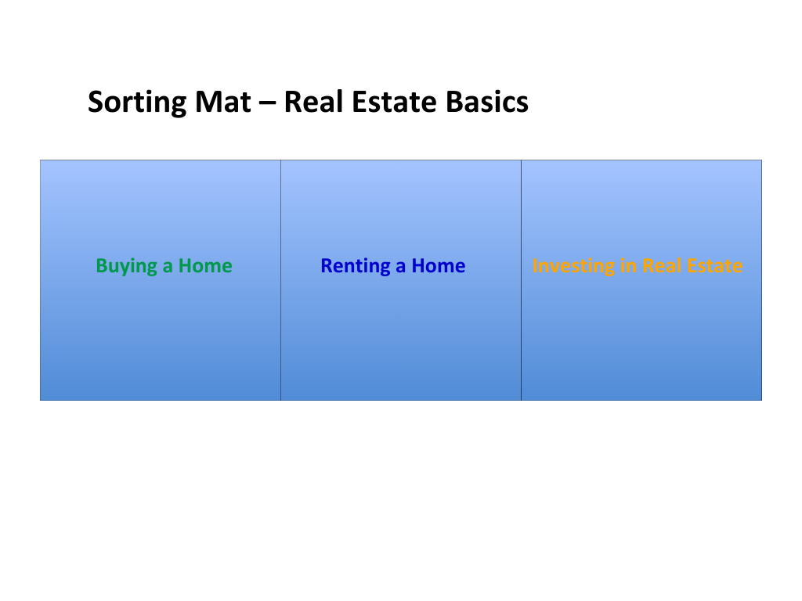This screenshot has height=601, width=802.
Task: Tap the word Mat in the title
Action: tap(222, 102)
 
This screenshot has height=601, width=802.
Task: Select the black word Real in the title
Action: tap(313, 102)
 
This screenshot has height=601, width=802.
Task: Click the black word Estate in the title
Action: tap(394, 102)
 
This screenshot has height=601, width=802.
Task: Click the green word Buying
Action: tap(126, 267)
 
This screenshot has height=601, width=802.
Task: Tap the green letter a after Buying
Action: tap(168, 268)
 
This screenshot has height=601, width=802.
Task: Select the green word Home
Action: tap(205, 266)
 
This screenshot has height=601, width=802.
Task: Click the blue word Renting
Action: tap(356, 267)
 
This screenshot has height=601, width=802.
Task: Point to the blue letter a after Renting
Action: tap(400, 268)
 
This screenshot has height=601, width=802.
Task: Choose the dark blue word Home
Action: tap(439, 266)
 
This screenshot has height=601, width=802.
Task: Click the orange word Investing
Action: tap(573, 267)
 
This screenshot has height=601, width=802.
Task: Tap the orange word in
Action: tap(628, 266)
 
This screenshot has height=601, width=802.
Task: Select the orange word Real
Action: tap(661, 266)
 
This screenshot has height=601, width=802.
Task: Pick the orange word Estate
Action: tap(714, 266)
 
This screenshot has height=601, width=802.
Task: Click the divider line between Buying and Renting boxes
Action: tap(281, 280)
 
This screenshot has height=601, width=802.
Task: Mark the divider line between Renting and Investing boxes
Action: tap(521, 280)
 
